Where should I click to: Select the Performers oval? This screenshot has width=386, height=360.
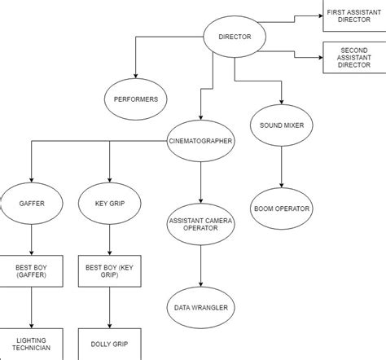tap(135, 100)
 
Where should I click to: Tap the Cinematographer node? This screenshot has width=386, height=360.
tap(200, 140)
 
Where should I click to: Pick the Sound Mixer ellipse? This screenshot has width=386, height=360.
tap(281, 126)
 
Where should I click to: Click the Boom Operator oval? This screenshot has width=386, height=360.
tap(281, 209)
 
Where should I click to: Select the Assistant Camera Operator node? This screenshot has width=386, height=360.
tap(200, 225)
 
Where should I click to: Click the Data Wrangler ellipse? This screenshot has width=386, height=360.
tap(200, 307)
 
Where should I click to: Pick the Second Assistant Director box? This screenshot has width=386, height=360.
tap(354, 59)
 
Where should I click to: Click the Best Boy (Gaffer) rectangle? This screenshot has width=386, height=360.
tap(31, 271)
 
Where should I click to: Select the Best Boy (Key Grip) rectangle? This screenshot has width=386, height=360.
tap(110, 271)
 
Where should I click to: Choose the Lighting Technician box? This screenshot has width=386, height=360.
tap(31, 344)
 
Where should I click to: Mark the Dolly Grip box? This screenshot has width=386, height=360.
tap(110, 344)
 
